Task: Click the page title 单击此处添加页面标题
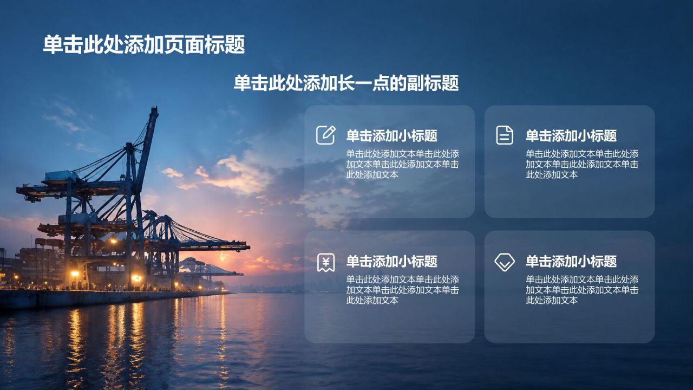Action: [x=144, y=44]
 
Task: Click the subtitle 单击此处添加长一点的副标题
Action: [x=346, y=83]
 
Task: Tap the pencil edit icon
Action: [x=326, y=135]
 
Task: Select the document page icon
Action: [x=505, y=135]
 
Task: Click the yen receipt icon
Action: [x=326, y=263]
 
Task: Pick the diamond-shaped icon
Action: [x=505, y=263]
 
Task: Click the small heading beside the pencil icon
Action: [x=391, y=135]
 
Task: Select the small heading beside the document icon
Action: [x=571, y=135]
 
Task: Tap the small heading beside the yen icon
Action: [x=391, y=261]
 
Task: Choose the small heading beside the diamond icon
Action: [x=571, y=261]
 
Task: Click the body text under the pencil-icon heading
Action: [x=402, y=164]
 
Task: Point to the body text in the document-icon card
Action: [x=582, y=164]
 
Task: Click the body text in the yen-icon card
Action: [x=402, y=290]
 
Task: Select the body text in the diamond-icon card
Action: [x=582, y=290]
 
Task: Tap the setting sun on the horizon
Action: [x=223, y=257]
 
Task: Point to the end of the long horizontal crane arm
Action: [x=249, y=247]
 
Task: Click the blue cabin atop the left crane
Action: [x=62, y=176]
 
